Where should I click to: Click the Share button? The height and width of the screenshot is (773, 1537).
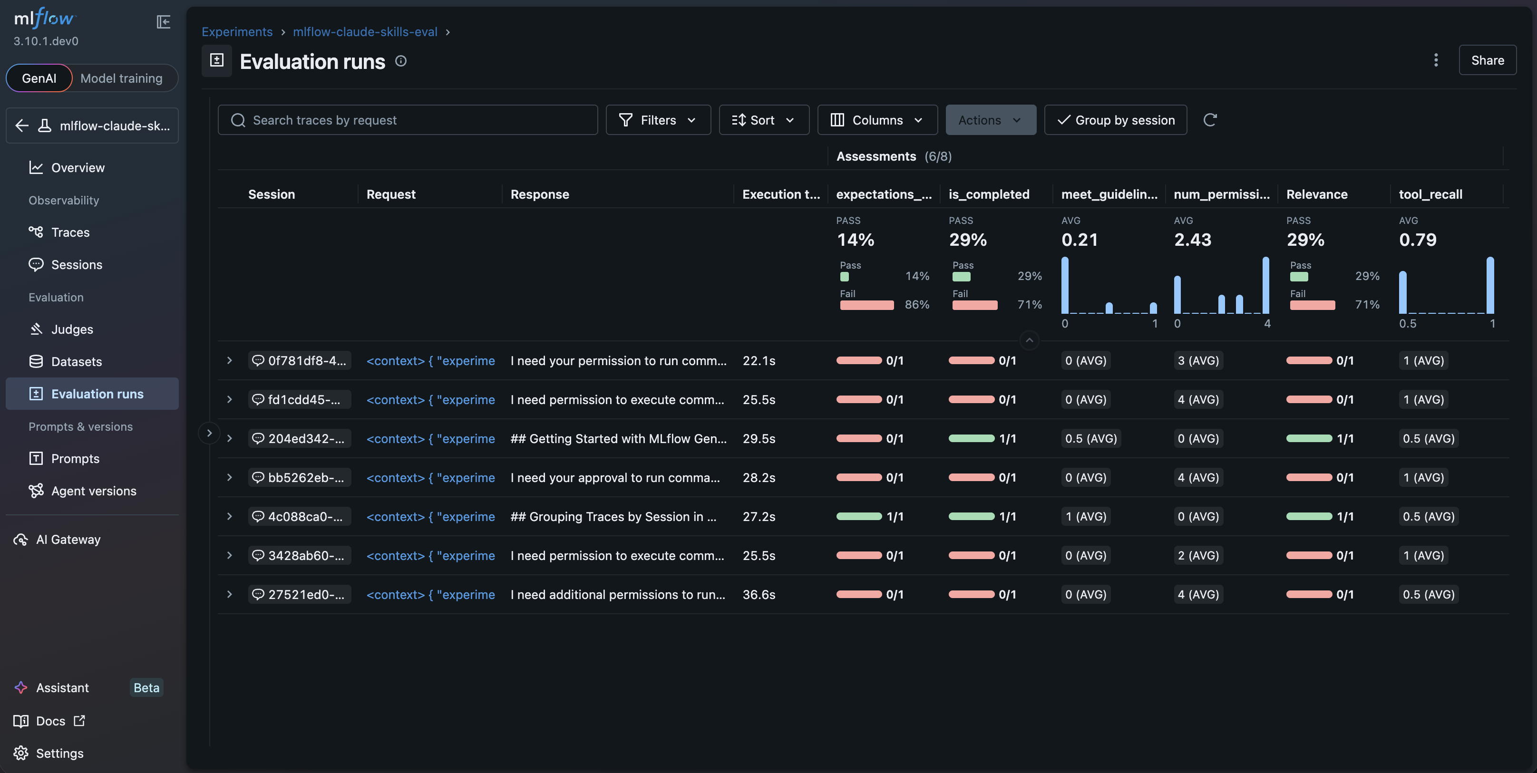[1487, 60]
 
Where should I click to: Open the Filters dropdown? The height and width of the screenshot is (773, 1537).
[658, 120]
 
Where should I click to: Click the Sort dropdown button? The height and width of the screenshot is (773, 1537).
[763, 120]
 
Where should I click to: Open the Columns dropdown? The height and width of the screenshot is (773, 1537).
[876, 120]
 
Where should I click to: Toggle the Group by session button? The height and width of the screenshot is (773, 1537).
[1115, 120]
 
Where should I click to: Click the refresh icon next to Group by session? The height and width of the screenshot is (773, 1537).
[1209, 120]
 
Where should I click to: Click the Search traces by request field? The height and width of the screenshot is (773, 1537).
[408, 120]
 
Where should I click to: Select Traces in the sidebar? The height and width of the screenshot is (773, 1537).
[70, 232]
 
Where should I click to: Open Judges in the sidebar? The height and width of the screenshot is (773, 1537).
[72, 329]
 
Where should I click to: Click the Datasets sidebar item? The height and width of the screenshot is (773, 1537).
[77, 361]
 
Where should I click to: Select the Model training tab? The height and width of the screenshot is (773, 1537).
[121, 78]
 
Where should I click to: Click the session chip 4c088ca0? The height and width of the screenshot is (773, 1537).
[300, 517]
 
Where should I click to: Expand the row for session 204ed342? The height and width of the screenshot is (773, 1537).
[229, 438]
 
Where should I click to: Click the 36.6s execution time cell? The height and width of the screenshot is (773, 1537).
[759, 595]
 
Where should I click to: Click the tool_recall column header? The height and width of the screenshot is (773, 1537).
[1430, 194]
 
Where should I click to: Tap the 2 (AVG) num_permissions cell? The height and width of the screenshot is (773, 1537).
[1197, 555]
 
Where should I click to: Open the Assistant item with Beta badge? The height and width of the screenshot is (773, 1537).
[63, 688]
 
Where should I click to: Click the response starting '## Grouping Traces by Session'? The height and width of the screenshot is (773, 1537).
[613, 517]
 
